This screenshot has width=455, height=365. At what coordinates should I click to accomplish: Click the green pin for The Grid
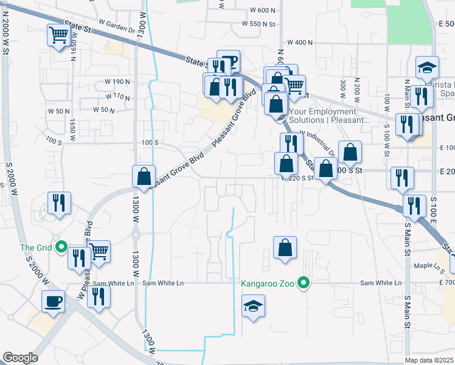click(61, 247)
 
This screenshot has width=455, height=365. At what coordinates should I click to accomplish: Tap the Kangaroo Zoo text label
click(268, 283)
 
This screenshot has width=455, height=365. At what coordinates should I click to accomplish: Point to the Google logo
click(20, 358)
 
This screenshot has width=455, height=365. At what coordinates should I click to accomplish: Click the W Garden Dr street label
click(116, 29)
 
